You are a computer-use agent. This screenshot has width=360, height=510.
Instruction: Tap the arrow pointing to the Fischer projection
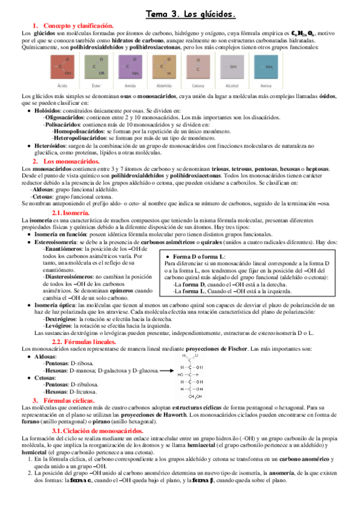168,370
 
